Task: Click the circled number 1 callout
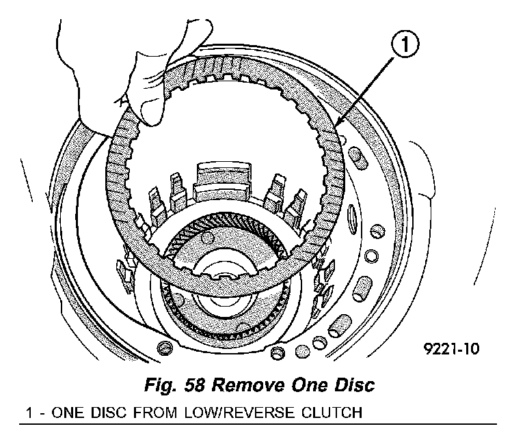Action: tap(404, 47)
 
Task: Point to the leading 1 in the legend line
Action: tap(29, 413)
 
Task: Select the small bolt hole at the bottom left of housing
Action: tap(162, 349)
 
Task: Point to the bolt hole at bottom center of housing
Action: tap(276, 352)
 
